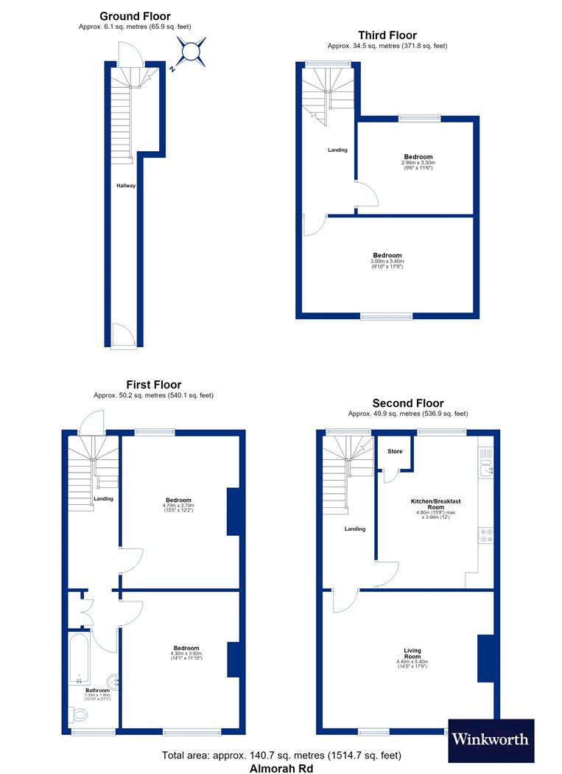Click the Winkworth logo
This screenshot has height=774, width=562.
click(x=491, y=739)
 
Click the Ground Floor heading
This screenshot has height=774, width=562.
click(x=135, y=16)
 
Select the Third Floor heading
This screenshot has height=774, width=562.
click(x=387, y=35)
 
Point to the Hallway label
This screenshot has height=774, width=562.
click(x=126, y=186)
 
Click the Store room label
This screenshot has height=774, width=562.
click(x=395, y=451)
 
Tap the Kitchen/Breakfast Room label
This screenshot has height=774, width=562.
click(x=436, y=504)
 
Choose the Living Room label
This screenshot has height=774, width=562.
click(x=412, y=654)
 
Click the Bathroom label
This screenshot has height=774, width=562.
click(x=98, y=691)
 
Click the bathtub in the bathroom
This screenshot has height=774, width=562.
click(x=79, y=657)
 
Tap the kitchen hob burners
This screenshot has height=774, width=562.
click(x=486, y=536)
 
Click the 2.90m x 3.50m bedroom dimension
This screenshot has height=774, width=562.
click(x=418, y=162)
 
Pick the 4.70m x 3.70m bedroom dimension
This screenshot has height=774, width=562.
click(x=178, y=506)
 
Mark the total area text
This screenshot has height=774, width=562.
click(x=281, y=756)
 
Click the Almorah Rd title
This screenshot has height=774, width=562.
click(x=281, y=768)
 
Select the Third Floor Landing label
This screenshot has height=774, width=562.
click(x=337, y=150)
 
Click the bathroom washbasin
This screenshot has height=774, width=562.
click(x=113, y=682)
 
